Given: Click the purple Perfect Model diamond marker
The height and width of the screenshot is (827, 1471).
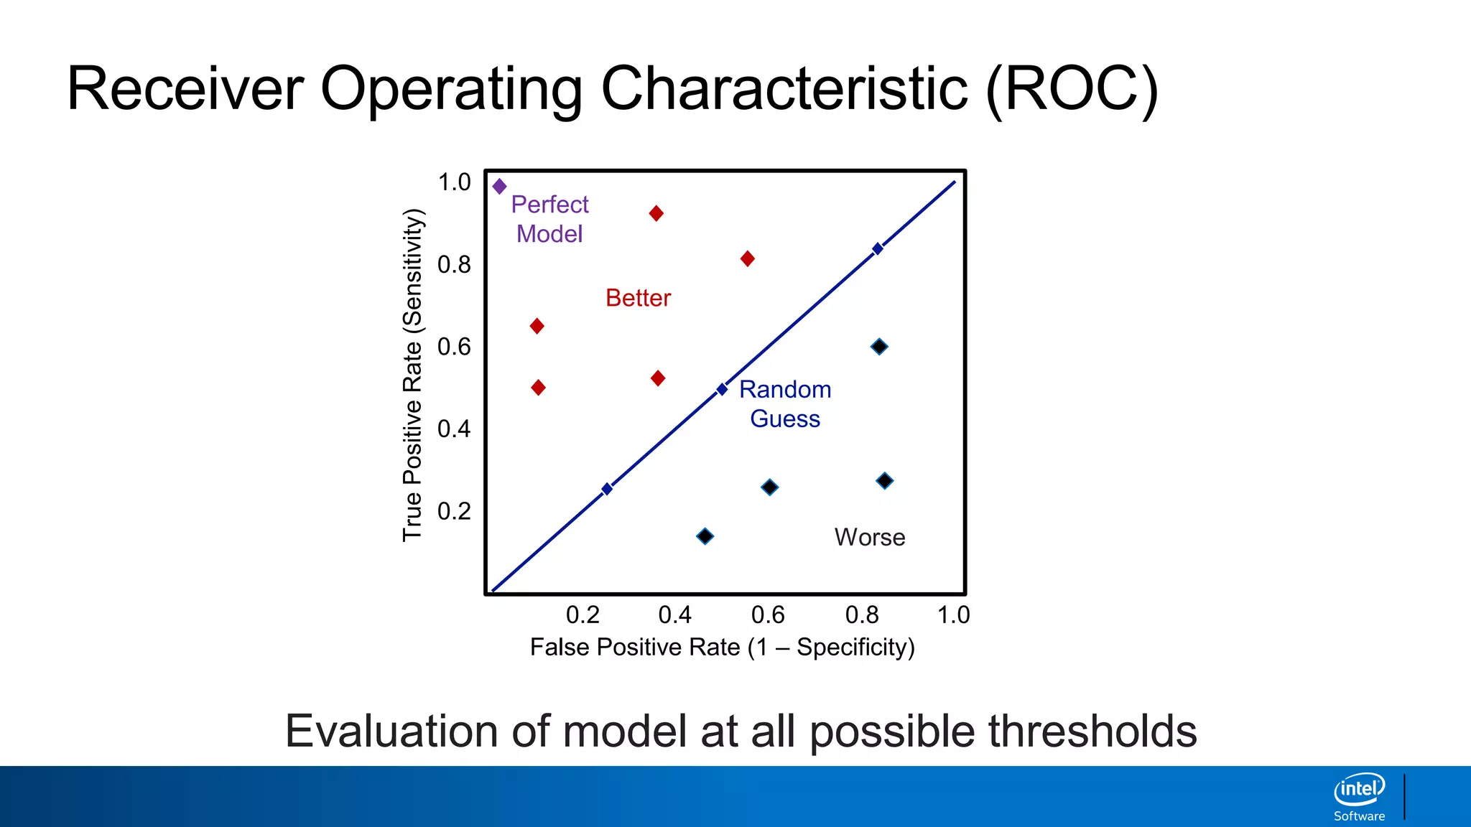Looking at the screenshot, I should [x=500, y=187].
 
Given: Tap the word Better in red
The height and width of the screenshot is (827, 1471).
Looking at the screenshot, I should [x=638, y=298].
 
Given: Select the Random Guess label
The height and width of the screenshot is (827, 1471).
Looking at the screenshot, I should [x=785, y=404].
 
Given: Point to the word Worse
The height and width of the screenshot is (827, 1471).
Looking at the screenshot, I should [x=869, y=537].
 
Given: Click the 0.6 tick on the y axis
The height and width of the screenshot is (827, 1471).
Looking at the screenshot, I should [x=454, y=347].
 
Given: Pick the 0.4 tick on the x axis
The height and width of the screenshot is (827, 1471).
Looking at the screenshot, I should [x=674, y=615].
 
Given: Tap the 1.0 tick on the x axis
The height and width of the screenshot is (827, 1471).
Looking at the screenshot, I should [x=953, y=615].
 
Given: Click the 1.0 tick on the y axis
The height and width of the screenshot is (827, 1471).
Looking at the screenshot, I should [x=454, y=182].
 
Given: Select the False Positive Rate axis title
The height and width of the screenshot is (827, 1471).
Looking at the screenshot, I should [x=722, y=648].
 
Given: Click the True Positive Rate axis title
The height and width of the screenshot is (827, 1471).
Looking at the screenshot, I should [x=412, y=375].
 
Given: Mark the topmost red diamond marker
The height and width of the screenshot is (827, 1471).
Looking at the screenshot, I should [x=656, y=213].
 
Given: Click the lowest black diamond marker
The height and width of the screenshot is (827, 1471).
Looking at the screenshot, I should [x=705, y=536].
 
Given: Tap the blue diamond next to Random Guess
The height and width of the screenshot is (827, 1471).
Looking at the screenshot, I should [x=722, y=390].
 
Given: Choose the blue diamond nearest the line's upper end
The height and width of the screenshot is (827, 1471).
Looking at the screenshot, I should [x=877, y=249].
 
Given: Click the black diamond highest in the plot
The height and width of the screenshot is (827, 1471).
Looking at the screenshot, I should [x=879, y=347].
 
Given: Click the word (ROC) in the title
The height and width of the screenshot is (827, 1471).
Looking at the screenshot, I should [x=1072, y=88].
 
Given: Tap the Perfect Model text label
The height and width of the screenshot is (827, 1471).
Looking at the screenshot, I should [x=549, y=219].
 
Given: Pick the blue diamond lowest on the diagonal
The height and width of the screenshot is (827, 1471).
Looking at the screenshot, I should [x=607, y=489].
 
